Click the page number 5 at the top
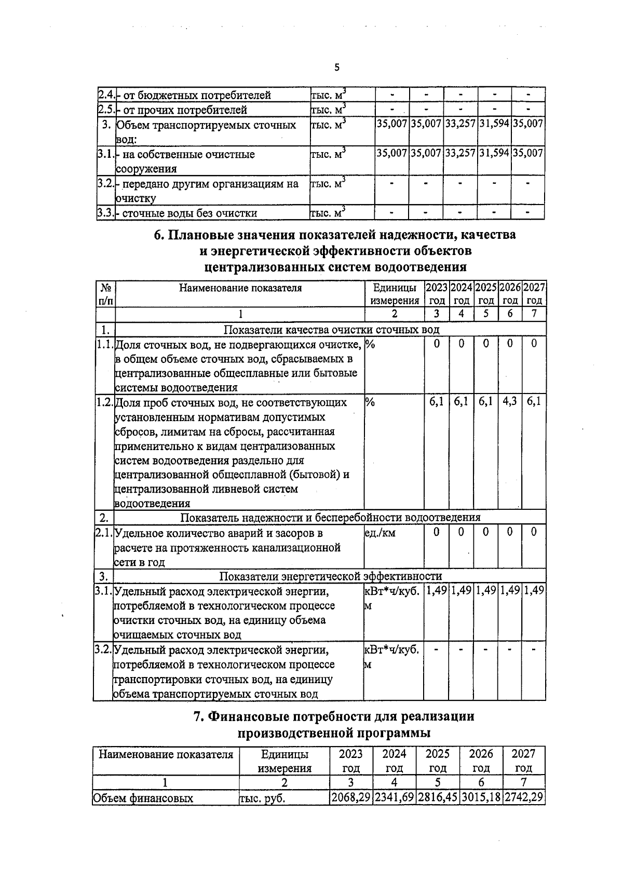point(337,67)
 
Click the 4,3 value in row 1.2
point(509,401)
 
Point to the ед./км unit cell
point(380,533)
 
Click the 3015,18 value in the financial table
point(481,797)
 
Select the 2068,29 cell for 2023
point(351,797)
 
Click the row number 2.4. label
point(105,95)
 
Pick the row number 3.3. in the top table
point(105,213)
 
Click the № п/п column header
point(105,294)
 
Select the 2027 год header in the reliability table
point(534,294)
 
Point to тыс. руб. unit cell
point(262,798)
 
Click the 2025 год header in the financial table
point(438,761)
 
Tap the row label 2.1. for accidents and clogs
point(103,533)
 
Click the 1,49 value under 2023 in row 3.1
point(436,590)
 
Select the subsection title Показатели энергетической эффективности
point(330,576)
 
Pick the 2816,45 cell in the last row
point(438,797)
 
